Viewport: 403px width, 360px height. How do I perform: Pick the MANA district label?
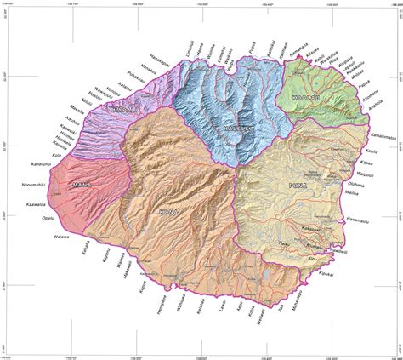coord(82,185)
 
